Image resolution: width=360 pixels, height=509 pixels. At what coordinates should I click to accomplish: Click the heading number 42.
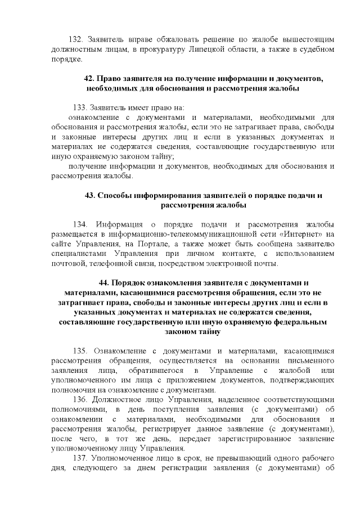pos(89,78)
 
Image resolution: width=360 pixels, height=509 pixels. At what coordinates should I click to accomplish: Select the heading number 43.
pos(90,196)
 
